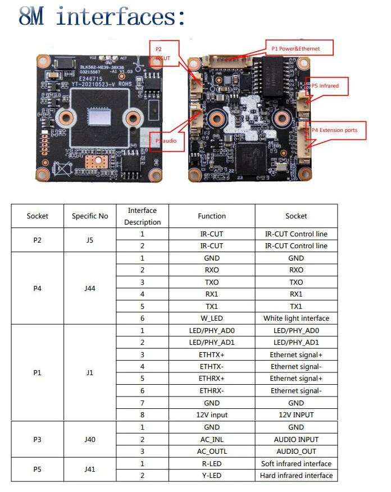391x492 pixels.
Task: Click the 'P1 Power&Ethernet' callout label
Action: pos(299,48)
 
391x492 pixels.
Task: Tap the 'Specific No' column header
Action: pos(89,216)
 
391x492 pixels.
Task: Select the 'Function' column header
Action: pos(212,216)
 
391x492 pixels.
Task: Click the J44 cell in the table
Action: pos(89,288)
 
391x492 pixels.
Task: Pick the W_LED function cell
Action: pos(212,318)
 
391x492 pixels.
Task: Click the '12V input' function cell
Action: pos(212,415)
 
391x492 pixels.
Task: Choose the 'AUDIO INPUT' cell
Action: pos(296,439)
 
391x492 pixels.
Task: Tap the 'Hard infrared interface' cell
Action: pos(296,476)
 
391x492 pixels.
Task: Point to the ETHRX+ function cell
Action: pos(212,379)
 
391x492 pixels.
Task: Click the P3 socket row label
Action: pos(38,439)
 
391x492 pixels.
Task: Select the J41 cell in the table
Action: pos(89,470)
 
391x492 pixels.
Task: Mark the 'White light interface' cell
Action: pos(296,318)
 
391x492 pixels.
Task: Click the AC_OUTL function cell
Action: pos(212,452)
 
